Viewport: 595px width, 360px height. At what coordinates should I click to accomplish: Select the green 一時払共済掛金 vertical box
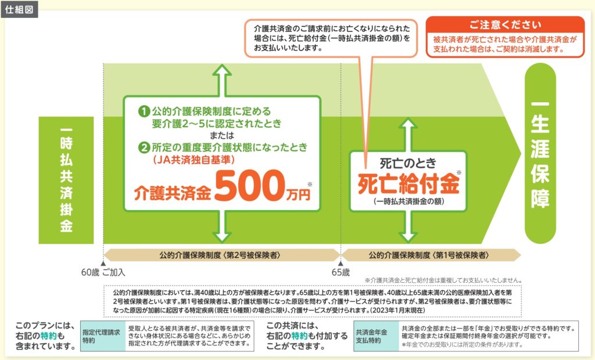[x=66, y=180]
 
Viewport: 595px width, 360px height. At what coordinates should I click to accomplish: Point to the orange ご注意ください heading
[x=505, y=26]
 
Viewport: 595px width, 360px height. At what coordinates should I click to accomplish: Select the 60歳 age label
[x=91, y=272]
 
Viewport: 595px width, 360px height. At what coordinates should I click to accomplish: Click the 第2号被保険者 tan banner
[x=221, y=255]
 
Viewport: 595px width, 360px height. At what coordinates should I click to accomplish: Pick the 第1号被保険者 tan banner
[x=431, y=255]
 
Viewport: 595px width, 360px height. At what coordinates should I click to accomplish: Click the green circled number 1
[x=142, y=110]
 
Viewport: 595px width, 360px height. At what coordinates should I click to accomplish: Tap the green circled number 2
[x=142, y=147]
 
